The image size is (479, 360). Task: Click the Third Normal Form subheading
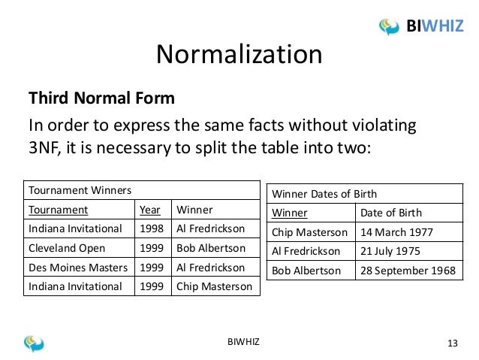(x=101, y=98)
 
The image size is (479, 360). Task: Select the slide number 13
(x=452, y=343)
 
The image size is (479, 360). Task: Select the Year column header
(x=149, y=210)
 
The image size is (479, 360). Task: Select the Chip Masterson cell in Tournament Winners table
(x=216, y=287)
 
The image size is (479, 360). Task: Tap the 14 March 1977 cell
(x=399, y=231)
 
